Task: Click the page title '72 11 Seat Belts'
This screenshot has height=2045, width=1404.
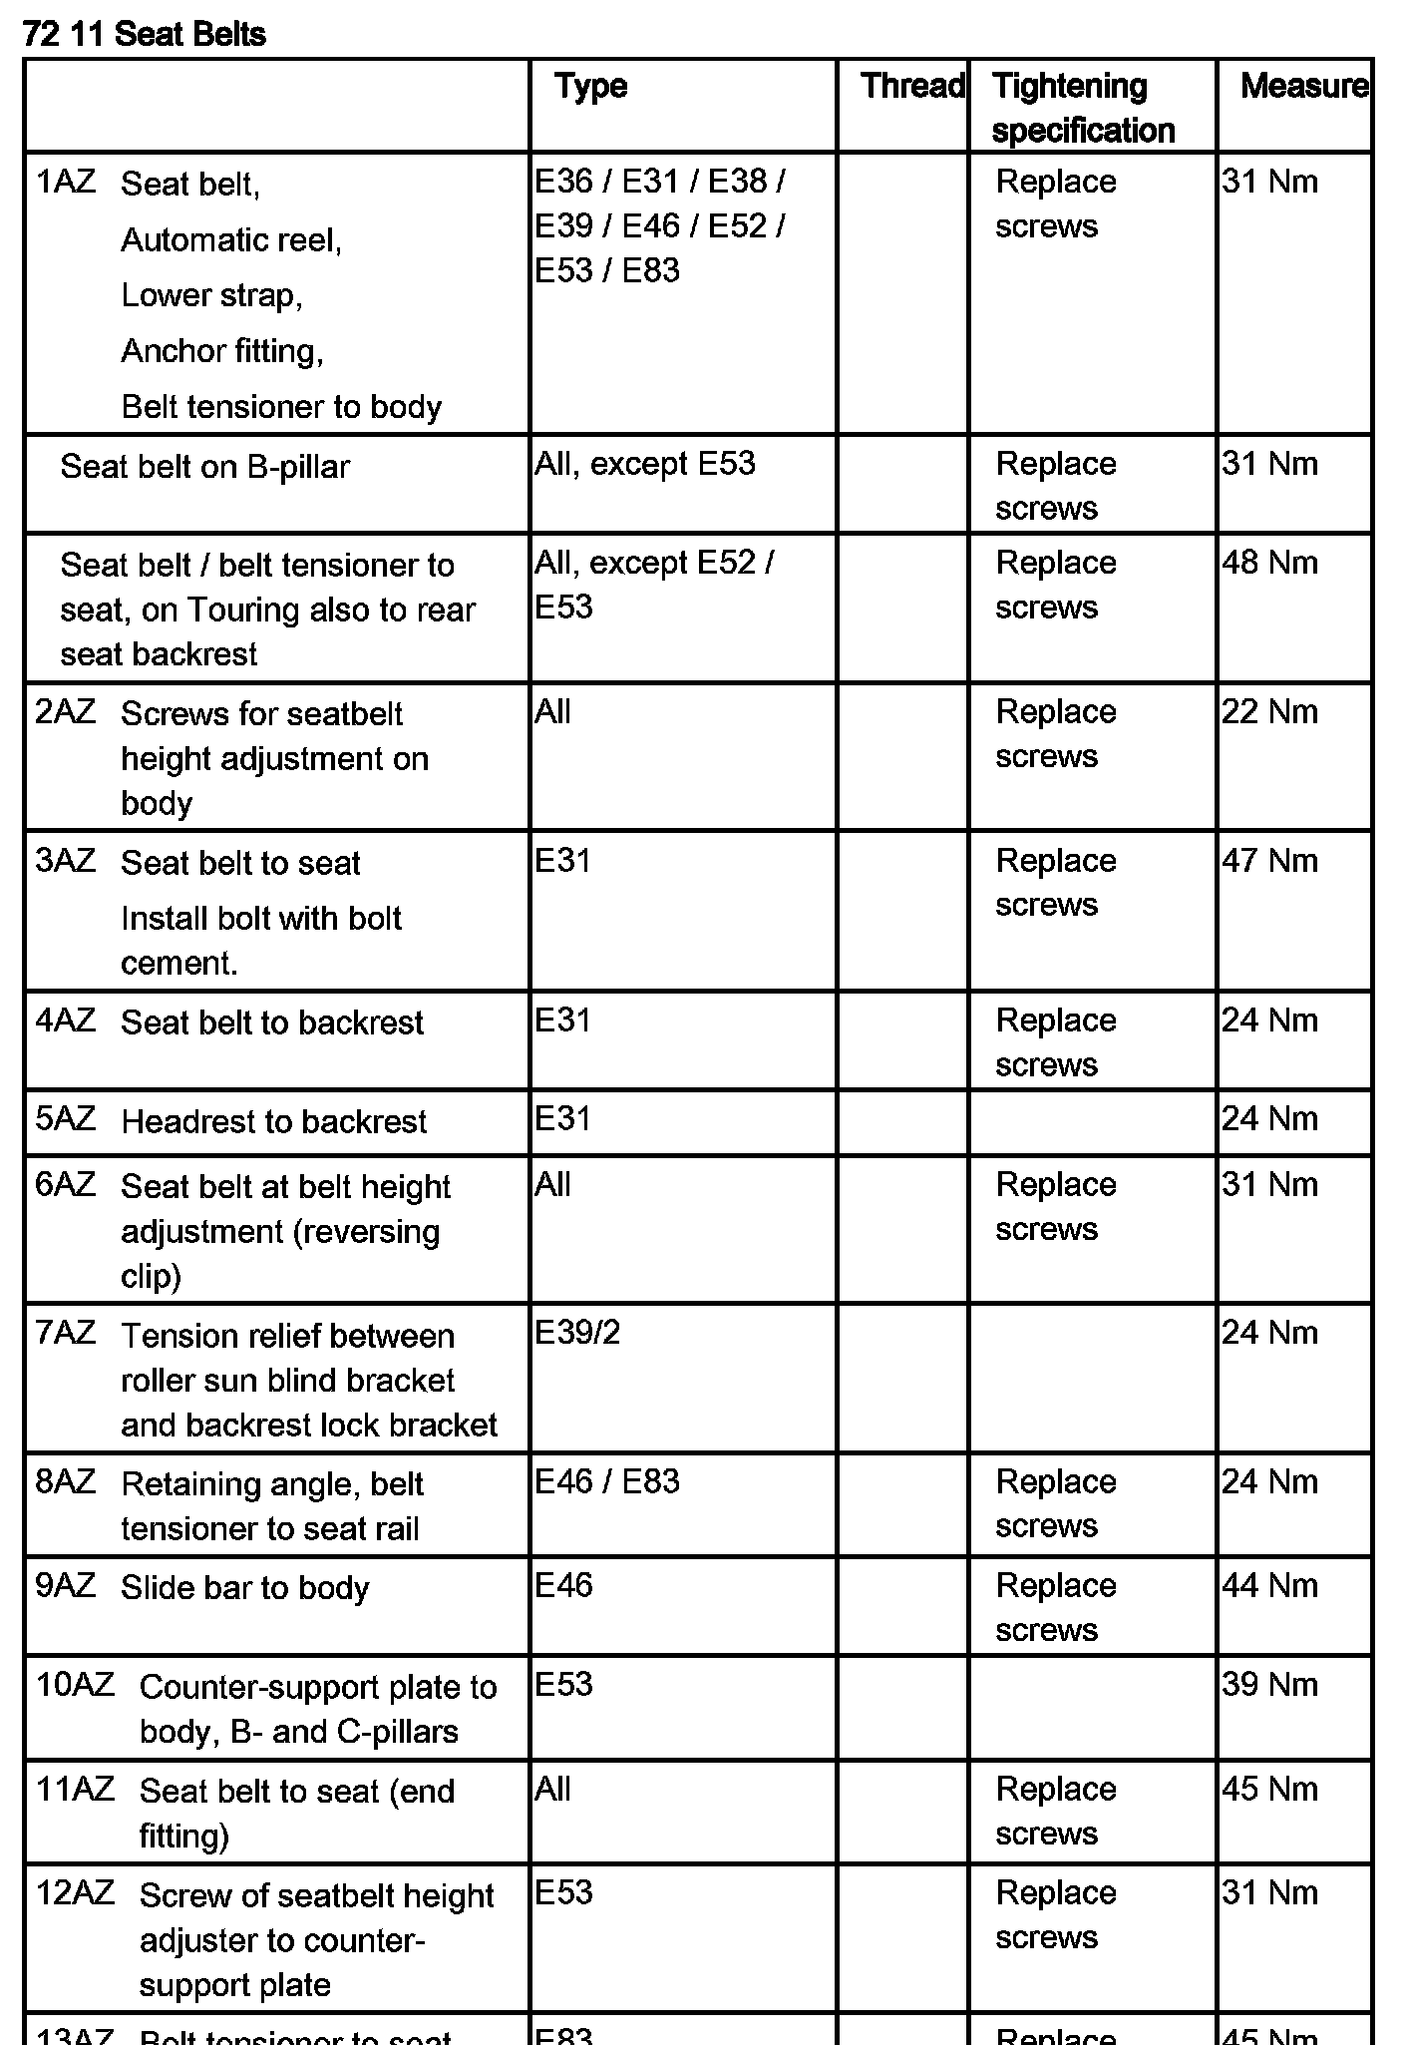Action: click(x=144, y=34)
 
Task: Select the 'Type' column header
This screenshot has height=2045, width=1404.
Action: click(x=590, y=86)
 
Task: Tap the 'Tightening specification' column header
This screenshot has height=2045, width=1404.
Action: click(x=1083, y=108)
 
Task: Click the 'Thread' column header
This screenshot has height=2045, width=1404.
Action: click(x=911, y=86)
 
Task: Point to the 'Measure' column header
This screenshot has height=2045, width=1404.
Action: click(x=1302, y=86)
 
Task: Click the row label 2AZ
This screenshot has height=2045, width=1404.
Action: click(x=66, y=712)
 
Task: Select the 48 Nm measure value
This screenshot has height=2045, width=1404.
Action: click(x=1269, y=563)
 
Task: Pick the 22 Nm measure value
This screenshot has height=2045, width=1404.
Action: click(x=1269, y=712)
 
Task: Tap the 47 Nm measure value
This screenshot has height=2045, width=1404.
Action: click(x=1269, y=861)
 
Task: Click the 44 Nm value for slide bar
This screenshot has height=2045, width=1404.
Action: click(x=1269, y=1585)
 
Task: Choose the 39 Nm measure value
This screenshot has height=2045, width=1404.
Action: click(x=1269, y=1685)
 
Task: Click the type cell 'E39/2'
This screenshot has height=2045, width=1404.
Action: click(x=577, y=1333)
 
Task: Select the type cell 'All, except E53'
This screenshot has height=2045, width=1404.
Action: click(x=644, y=464)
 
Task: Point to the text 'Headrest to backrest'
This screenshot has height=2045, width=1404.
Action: click(x=273, y=1122)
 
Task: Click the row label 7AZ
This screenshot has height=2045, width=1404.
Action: click(x=66, y=1333)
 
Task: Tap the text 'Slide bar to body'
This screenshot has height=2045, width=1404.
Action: click(x=244, y=1588)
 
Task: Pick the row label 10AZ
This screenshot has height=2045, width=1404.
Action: click(x=75, y=1685)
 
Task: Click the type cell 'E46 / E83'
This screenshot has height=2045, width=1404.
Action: click(x=606, y=1481)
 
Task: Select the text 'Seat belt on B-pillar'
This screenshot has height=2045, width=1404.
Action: click(x=204, y=467)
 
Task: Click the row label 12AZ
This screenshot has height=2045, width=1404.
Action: click(x=75, y=1892)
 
